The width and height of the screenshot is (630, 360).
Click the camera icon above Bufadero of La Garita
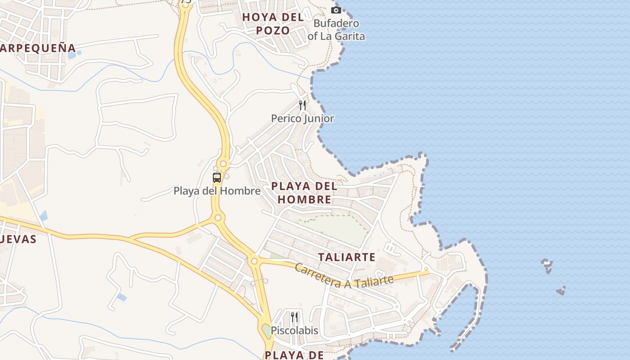pos(336,10)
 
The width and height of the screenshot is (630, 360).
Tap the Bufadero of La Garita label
pos(336,30)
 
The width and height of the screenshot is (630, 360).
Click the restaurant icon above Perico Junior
pos(302,105)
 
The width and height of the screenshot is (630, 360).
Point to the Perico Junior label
pos(302,119)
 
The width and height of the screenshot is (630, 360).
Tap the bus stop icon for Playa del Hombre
pos(217,177)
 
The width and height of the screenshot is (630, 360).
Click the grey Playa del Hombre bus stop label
pos(217,191)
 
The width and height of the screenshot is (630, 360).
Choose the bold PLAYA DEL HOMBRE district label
pos(304,193)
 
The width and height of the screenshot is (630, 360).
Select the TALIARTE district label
pos(346,257)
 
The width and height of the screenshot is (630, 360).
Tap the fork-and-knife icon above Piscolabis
pos(294,317)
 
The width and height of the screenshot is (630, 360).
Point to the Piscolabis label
pos(294,331)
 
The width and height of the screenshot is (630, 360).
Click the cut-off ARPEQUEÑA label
pos(38,48)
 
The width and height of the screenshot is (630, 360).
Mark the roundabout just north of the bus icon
pos(223,164)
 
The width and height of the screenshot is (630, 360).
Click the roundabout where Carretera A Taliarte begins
pos(254,261)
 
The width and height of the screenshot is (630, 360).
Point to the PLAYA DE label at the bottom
pos(294,355)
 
